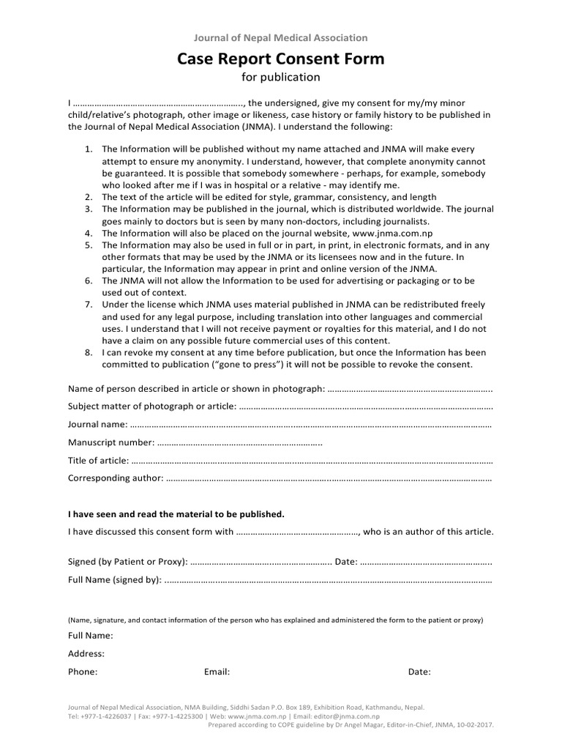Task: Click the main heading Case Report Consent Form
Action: point(280,59)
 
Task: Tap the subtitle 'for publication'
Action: point(280,77)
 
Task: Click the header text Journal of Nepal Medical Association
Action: point(280,37)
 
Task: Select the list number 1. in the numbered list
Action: point(88,148)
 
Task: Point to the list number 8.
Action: point(88,352)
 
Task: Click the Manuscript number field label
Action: point(111,442)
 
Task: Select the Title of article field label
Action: point(98,461)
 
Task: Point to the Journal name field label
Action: point(97,425)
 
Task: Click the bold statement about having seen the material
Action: point(176,514)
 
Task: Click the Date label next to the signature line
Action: point(345,562)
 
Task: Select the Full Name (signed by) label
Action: point(114,580)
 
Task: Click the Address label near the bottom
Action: point(86,653)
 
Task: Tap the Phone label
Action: point(83,672)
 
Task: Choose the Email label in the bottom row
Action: point(217,672)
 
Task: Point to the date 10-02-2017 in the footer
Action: point(473,724)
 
